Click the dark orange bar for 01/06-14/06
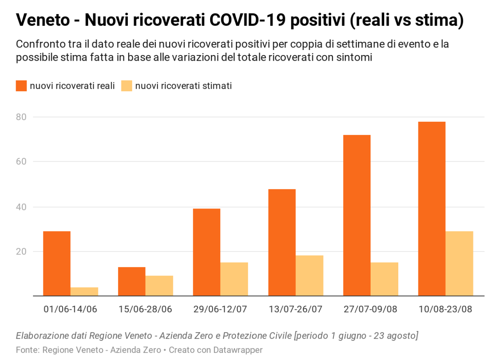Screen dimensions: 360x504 click(57, 264)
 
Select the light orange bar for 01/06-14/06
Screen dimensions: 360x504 click(84, 292)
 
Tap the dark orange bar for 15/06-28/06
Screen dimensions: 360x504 click(132, 281)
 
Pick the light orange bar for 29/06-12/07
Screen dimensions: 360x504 click(234, 279)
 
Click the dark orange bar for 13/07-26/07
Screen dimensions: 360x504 click(282, 242)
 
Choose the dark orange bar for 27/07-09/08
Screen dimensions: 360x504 click(357, 215)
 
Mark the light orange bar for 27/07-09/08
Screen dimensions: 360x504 click(385, 279)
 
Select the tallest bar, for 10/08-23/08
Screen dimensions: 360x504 click(432, 209)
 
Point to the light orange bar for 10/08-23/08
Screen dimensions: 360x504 click(459, 264)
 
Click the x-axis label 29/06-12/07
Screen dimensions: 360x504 click(220, 309)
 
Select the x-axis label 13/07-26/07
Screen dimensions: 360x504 click(295, 309)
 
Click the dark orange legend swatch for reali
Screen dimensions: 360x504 click(21, 86)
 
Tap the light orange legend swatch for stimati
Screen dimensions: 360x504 click(127, 86)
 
